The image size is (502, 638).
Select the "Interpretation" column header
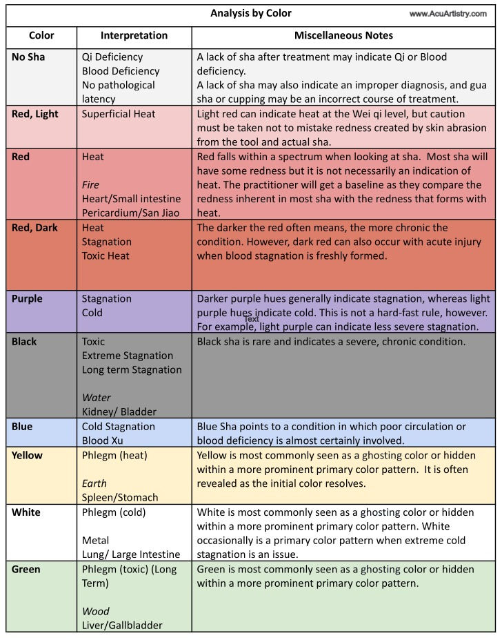pos(134,35)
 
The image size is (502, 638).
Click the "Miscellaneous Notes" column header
pos(343,35)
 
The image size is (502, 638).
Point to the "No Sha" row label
pos(28,57)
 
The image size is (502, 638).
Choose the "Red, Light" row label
pos(35,114)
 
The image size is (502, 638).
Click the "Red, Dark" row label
pos(34,228)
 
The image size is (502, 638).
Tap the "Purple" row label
pos(27,299)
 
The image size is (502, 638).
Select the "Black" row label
pos(24,342)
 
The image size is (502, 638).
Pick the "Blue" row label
pos(22,427)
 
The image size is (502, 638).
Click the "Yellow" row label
pos(27,456)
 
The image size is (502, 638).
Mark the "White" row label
pos(26,512)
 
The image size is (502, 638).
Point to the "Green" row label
pos(26,570)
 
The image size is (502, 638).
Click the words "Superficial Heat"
pos(119,114)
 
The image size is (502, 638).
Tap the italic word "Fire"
pos(91,185)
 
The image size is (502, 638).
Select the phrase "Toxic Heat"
pos(106,256)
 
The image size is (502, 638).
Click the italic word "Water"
pos(96,398)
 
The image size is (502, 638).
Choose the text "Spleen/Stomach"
pos(120,497)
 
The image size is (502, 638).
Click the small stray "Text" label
pos(252,319)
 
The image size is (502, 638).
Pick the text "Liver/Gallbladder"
pos(122,626)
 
